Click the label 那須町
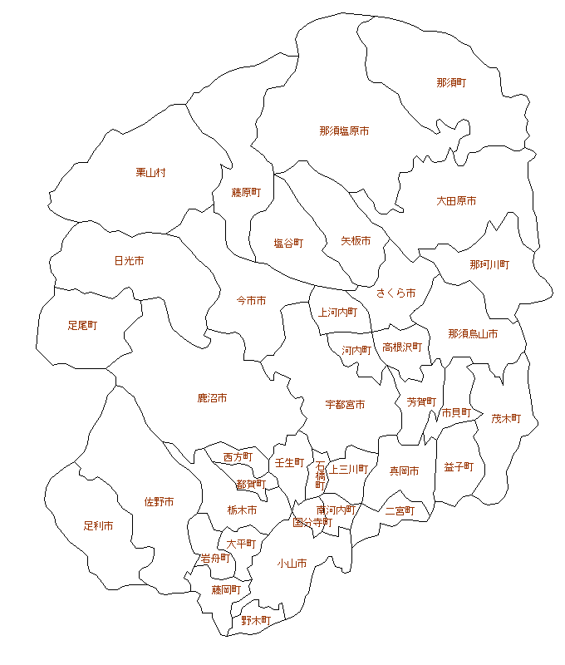coord(451,83)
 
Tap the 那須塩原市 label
coord(344,131)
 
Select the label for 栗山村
coord(151,173)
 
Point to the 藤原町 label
coord(246,193)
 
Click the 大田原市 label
coord(456,201)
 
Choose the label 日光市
coord(129,261)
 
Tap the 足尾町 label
coord(82,326)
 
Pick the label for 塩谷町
coord(288,244)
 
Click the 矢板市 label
coord(356,241)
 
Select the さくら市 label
coord(395,293)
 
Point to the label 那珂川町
coord(489,264)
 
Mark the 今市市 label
coord(251,300)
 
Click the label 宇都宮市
coord(345,405)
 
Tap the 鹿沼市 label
coord(212,399)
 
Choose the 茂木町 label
coord(506,419)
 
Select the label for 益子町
coord(459,467)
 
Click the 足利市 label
coord(98,526)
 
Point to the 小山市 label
coord(292,564)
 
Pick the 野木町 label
coord(256,621)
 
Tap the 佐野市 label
coord(159,502)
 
